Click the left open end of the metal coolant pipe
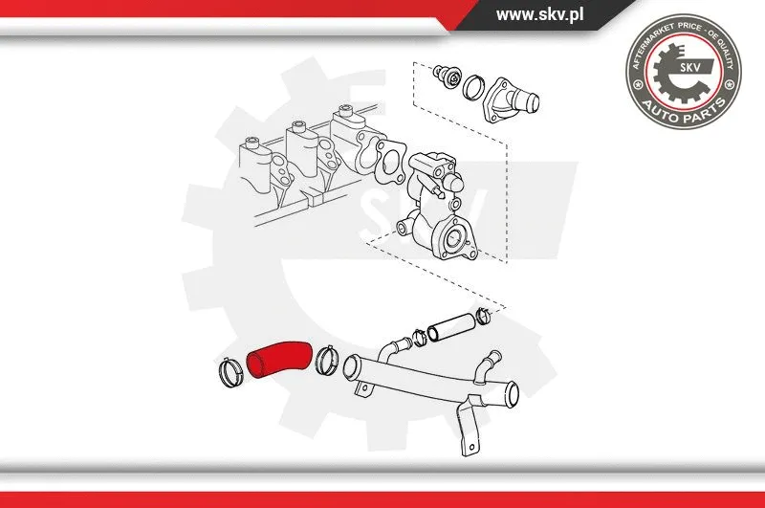pos(350,367)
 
